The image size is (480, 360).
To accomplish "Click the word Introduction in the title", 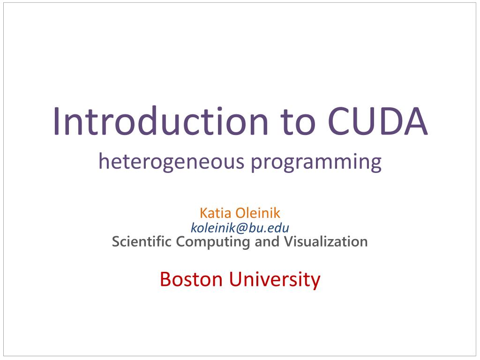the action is tap(160, 121).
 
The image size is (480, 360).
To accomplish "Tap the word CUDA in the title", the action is tap(377, 121).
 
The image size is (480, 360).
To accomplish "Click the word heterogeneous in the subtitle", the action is tap(171, 161).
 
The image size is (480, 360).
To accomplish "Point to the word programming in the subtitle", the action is tap(316, 162).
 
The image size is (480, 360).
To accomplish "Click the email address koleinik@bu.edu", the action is tap(240, 228).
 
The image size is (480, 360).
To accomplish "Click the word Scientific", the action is tap(142, 241).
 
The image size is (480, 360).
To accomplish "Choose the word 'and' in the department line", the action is tap(267, 241).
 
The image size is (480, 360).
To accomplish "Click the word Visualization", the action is tap(326, 241).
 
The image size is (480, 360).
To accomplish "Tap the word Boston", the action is tap(191, 279).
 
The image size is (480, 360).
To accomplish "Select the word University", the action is tap(275, 280).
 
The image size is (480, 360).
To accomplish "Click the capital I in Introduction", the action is tap(56, 121).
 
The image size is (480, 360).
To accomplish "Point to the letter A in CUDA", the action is tap(415, 121).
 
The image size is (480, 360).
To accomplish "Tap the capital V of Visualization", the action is tap(289, 241).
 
